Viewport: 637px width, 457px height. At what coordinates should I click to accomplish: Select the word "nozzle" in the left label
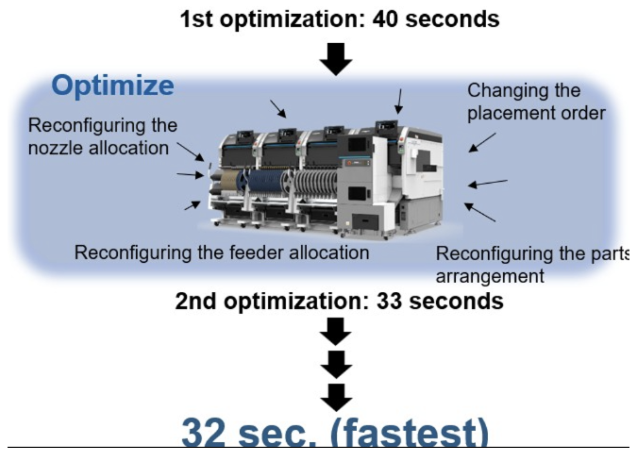[55, 148]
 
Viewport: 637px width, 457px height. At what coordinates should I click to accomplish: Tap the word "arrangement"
[490, 276]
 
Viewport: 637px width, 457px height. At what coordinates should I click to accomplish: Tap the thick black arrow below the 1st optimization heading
[336, 59]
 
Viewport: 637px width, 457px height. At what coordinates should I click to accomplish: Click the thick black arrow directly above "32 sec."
[336, 397]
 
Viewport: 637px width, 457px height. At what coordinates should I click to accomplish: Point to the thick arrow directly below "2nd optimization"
[336, 331]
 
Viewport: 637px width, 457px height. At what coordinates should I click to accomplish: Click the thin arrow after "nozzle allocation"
[190, 152]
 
